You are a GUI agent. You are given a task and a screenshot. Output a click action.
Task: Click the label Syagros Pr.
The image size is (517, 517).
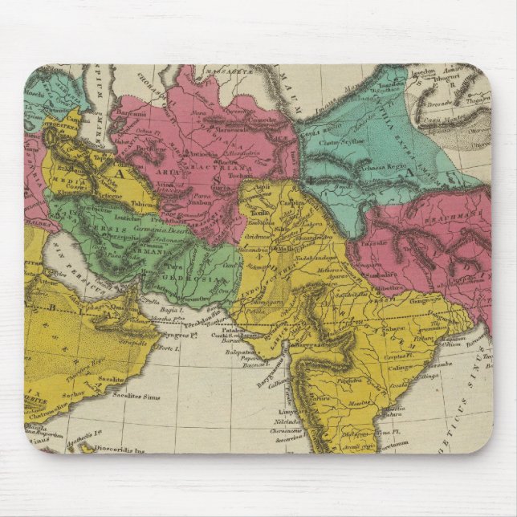point(178,334)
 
